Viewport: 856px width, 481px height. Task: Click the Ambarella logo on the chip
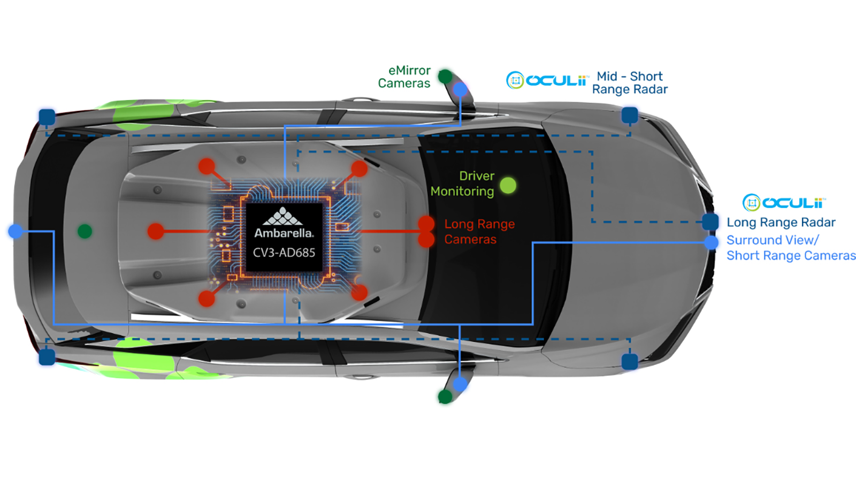pyautogui.click(x=284, y=217)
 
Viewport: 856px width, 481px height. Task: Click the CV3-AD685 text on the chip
pyautogui.click(x=284, y=253)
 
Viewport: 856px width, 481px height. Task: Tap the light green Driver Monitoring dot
pyautogui.click(x=508, y=186)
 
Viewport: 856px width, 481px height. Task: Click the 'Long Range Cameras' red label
pyautogui.click(x=479, y=232)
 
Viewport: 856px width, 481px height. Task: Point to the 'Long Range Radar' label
pyautogui.click(x=781, y=223)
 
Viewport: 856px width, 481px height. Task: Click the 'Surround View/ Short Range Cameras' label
pyautogui.click(x=791, y=248)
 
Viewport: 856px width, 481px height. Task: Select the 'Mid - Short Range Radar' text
pyautogui.click(x=630, y=83)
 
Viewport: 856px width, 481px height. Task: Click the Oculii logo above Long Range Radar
pyautogui.click(x=784, y=203)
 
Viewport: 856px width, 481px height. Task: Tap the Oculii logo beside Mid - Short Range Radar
pyautogui.click(x=547, y=80)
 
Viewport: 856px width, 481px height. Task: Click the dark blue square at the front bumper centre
pyautogui.click(x=710, y=222)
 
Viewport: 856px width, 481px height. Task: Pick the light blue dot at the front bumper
pyautogui.click(x=711, y=243)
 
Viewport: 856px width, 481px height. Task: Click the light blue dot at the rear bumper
pyautogui.click(x=16, y=231)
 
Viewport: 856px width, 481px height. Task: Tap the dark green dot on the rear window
pyautogui.click(x=85, y=231)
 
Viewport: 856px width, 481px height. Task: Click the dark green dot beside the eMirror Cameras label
pyautogui.click(x=445, y=77)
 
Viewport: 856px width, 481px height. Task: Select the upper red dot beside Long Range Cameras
pyautogui.click(x=426, y=224)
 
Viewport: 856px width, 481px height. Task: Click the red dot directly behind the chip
pyautogui.click(x=156, y=231)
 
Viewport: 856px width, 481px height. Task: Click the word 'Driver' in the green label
pyautogui.click(x=477, y=176)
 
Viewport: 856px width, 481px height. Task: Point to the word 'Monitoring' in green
pyautogui.click(x=462, y=192)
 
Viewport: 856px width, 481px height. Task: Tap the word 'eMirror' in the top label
pyautogui.click(x=409, y=71)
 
